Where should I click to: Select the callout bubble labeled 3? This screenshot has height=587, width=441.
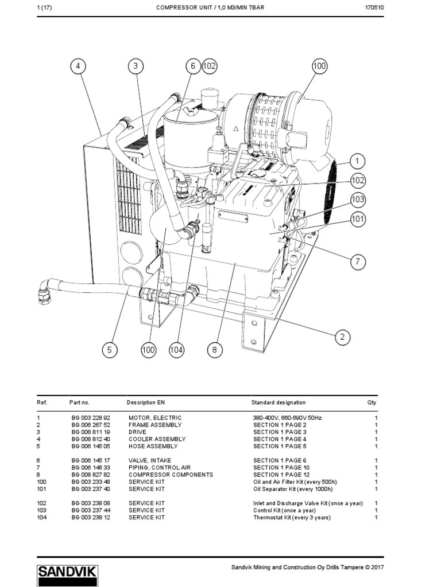(x=136, y=66)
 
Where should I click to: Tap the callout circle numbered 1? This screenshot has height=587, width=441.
(x=357, y=161)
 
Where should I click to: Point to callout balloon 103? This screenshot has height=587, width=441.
(x=358, y=199)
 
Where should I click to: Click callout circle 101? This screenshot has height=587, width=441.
(x=358, y=218)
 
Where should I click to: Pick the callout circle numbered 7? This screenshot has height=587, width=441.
(x=357, y=261)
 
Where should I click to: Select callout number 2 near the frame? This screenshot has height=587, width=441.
(x=342, y=336)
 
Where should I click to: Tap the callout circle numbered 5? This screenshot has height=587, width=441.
(x=110, y=350)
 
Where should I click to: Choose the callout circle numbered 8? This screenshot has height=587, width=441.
(x=214, y=350)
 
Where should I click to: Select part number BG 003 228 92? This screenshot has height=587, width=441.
(x=90, y=418)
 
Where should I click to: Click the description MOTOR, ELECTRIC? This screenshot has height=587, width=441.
(x=154, y=418)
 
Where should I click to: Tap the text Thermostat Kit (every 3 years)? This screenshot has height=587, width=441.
(x=292, y=518)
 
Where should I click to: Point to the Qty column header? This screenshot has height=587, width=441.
(x=372, y=403)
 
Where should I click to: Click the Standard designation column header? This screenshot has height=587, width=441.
(x=278, y=403)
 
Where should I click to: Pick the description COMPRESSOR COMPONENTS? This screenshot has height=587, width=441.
(x=171, y=475)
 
